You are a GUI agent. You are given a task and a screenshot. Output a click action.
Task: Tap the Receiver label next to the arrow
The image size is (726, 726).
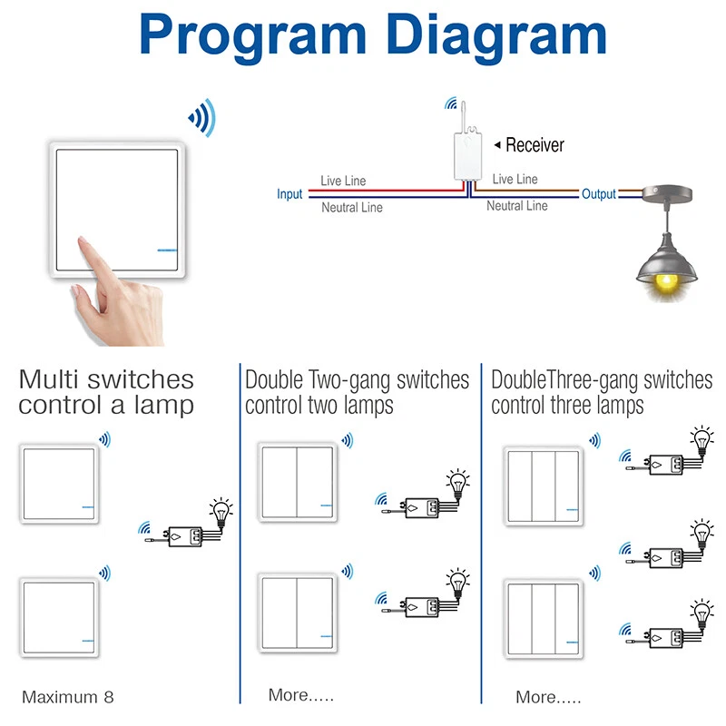coord(535,145)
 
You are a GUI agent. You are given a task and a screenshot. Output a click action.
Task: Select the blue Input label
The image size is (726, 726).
coord(289,194)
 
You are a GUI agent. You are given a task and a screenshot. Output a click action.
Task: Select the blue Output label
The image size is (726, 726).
coord(599,194)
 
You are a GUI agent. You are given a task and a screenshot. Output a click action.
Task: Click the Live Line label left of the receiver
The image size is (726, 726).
coord(343,181)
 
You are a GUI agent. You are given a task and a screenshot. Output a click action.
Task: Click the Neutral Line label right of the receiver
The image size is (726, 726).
coord(516,206)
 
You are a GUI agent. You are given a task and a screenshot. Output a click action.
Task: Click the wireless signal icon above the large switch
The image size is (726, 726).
coord(202,118)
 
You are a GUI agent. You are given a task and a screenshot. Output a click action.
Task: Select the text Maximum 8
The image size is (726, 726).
coord(68,697)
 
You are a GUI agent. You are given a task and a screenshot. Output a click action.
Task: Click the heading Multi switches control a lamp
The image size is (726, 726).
coord(106,392)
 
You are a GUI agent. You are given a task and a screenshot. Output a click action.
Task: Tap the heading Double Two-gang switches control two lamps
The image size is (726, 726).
coord(357,392)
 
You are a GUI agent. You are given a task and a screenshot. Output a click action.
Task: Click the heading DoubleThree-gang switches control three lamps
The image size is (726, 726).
coord(602,392)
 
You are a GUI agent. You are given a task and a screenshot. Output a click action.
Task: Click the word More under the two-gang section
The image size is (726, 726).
coord(289,695)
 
